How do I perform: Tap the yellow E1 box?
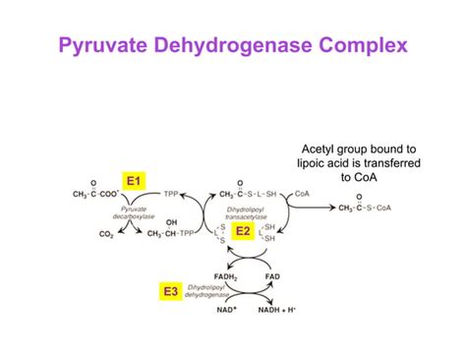click(135, 181)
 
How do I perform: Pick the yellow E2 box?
click(243, 231)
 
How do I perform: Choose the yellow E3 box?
click(169, 291)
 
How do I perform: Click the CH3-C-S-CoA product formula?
click(365, 208)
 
